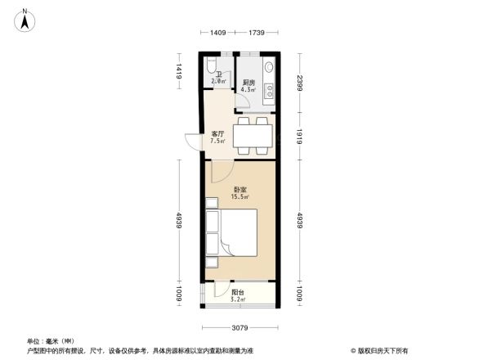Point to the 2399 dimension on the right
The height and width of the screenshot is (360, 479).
300,83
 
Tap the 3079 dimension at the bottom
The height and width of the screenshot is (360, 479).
239,329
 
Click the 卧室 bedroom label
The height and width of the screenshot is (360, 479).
239,190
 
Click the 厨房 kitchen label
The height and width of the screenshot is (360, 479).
248,82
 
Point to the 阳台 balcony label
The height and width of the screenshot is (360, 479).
237,292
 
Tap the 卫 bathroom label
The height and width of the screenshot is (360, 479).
218,74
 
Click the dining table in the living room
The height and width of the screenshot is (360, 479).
251,136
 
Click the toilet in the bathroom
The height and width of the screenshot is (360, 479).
212,64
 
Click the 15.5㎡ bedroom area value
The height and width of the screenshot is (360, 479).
239,197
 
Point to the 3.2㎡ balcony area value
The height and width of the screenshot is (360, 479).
237,299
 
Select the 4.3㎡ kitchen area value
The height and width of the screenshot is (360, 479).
248,89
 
